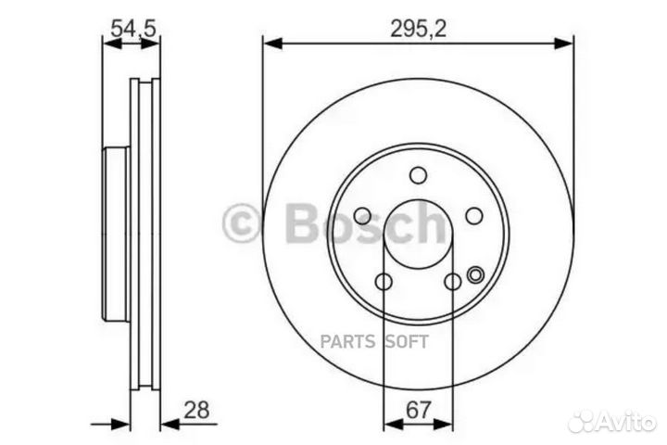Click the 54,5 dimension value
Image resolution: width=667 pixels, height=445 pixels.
pos(132,28)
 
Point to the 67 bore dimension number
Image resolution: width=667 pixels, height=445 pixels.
pos(418,410)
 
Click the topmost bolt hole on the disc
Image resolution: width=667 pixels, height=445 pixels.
pos(418,175)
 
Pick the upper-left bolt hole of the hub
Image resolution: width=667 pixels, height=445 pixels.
pos(362,215)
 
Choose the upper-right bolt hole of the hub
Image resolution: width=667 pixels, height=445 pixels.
pos(473,215)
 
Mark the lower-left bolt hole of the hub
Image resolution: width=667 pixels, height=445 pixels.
pos(384,282)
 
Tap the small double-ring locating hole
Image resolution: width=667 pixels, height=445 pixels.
pos(476,273)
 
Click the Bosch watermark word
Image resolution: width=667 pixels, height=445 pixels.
pos(366,223)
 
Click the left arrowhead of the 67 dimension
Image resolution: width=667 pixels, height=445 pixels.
pos(390,424)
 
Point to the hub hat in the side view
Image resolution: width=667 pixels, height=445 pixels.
pos(116,232)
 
